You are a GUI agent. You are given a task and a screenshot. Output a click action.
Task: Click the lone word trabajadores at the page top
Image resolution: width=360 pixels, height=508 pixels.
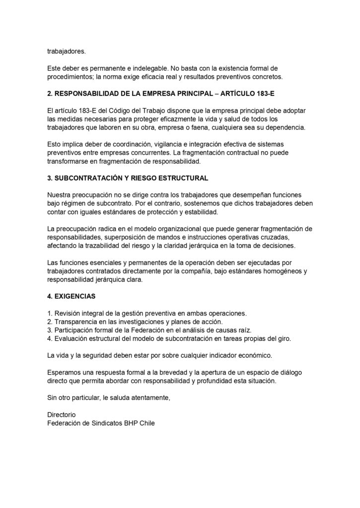pyautogui.click(x=66, y=50)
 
